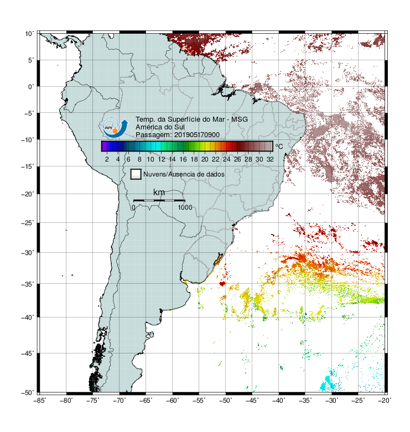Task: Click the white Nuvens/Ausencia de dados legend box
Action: point(136,174)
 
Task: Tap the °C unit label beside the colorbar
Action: point(279,146)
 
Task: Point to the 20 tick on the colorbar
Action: point(205,159)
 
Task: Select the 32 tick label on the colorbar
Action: point(270,159)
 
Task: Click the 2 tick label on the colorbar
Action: point(107,159)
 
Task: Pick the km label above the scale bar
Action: point(159,192)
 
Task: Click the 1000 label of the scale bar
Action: point(185,207)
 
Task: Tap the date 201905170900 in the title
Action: point(197,135)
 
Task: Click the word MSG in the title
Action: point(240,119)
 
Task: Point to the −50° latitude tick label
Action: point(28,392)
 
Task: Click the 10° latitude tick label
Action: point(29,34)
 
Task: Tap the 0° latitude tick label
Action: point(31,87)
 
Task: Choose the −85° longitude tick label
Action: point(39,400)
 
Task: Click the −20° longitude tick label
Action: point(385,400)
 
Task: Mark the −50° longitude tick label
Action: point(225,400)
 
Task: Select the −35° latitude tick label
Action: point(28,284)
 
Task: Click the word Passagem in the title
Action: point(154,135)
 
